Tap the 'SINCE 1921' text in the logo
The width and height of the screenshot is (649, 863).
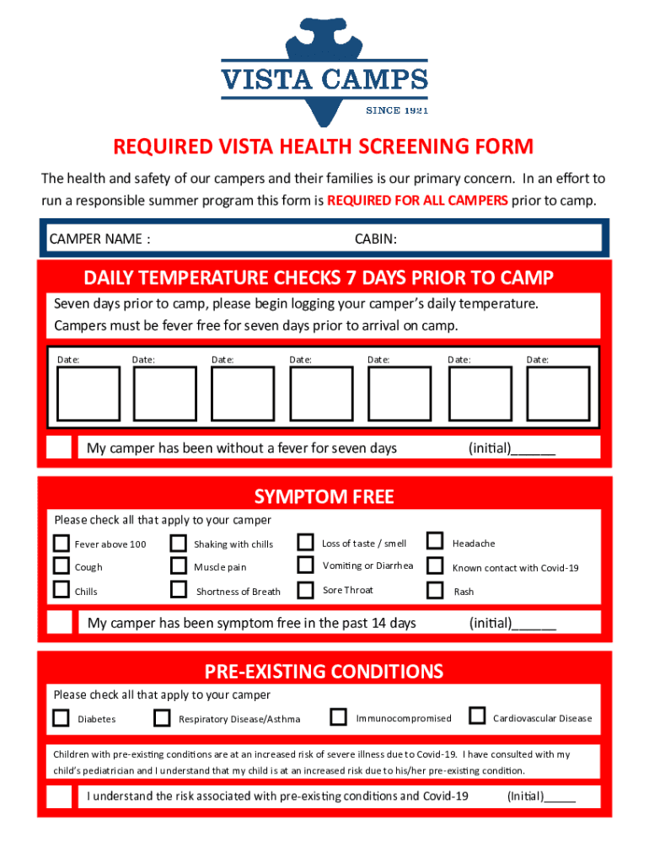[x=396, y=110]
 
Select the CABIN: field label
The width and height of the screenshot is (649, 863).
[x=375, y=239]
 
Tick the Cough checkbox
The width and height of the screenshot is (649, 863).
[x=62, y=566]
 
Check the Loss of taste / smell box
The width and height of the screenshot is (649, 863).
[x=306, y=541]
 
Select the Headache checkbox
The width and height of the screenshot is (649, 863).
[x=435, y=541]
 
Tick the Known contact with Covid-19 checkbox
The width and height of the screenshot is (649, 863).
[x=435, y=566]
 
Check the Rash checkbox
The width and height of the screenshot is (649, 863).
[x=435, y=589]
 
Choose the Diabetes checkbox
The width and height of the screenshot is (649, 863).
[x=61, y=718]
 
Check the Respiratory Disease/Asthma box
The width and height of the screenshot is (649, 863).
[x=162, y=718]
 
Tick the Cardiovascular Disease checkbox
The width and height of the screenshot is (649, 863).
[x=477, y=716]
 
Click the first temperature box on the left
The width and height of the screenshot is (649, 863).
[x=88, y=394]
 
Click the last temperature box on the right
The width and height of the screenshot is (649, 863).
[x=558, y=394]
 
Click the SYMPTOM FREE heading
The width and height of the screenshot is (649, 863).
[x=324, y=496]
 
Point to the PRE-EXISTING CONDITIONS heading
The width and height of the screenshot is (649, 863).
[x=324, y=671]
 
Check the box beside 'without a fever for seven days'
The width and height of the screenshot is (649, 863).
[x=59, y=448]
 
